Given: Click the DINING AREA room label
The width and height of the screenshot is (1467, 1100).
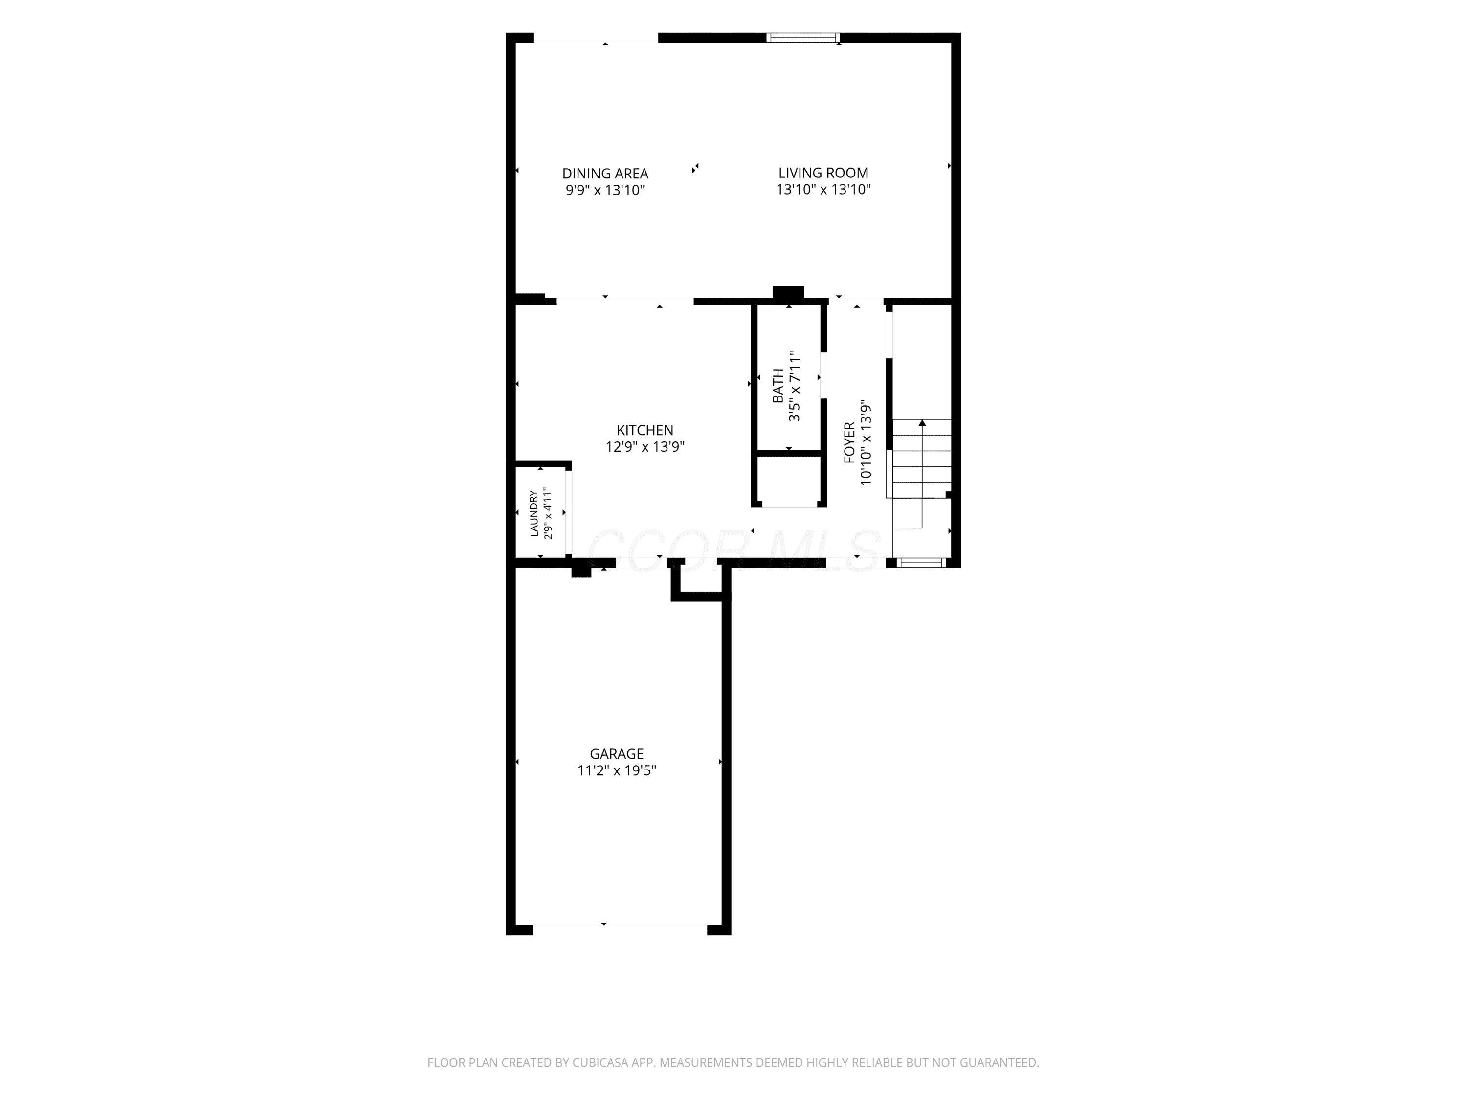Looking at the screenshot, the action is pos(605,174).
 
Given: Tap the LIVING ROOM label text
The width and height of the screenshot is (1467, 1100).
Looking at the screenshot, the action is pos(823,173).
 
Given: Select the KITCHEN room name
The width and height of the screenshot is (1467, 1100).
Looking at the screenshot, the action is pos(645,430).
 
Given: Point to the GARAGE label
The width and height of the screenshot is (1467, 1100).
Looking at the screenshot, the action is pos(617,754).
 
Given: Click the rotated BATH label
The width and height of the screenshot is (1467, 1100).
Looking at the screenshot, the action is pos(778,386).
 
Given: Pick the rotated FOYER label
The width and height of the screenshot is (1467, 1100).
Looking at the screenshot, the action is pos(849,443).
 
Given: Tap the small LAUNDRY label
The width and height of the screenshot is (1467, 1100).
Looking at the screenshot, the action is pos(534,513).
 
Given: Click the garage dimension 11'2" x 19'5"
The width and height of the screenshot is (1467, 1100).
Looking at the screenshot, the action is pos(617,770).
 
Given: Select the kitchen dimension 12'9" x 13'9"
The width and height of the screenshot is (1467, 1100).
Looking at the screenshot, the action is pos(645,447).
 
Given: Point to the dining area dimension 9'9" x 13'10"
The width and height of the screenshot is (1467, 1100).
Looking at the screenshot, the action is pos(605,190).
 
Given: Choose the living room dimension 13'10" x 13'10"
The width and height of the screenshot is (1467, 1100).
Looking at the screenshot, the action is pos(823,190).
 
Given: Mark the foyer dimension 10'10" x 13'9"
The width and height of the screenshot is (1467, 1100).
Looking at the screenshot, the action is pos(866,443).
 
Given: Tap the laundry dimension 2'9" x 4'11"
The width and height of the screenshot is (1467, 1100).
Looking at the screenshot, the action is pos(548,513).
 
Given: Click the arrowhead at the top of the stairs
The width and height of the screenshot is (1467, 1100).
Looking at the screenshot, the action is pos(922,422).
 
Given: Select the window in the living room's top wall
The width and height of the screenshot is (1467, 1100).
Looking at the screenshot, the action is pos(803,38).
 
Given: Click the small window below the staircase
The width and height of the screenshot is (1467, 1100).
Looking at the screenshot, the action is pos(921,563).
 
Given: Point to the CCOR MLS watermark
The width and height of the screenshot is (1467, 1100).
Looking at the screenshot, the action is pos(733,550).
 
